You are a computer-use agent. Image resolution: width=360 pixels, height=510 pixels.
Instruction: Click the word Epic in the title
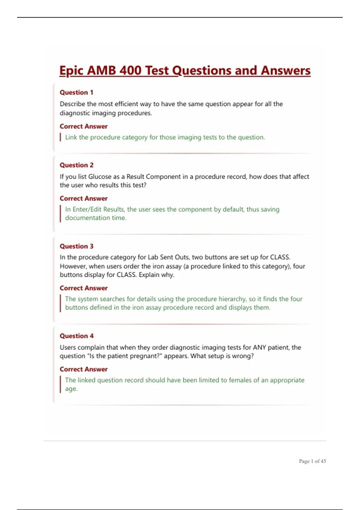click(71, 71)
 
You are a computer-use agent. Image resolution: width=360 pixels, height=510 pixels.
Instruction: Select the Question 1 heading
click(76, 92)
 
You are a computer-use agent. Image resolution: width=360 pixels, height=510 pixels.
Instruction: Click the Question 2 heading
click(76, 165)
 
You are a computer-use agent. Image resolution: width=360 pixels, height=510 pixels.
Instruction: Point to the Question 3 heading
click(76, 246)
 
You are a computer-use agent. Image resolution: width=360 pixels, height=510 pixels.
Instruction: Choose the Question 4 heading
click(76, 336)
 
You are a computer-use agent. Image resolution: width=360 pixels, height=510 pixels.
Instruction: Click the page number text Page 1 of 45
click(312, 461)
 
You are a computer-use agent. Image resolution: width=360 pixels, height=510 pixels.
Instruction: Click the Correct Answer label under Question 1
click(83, 126)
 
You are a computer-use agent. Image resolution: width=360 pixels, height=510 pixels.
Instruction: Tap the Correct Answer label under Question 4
click(83, 369)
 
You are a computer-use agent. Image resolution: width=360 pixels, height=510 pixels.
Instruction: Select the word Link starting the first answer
click(71, 137)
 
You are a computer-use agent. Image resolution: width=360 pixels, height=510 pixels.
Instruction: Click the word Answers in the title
click(285, 71)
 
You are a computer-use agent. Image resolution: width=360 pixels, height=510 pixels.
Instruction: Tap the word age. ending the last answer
click(71, 389)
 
